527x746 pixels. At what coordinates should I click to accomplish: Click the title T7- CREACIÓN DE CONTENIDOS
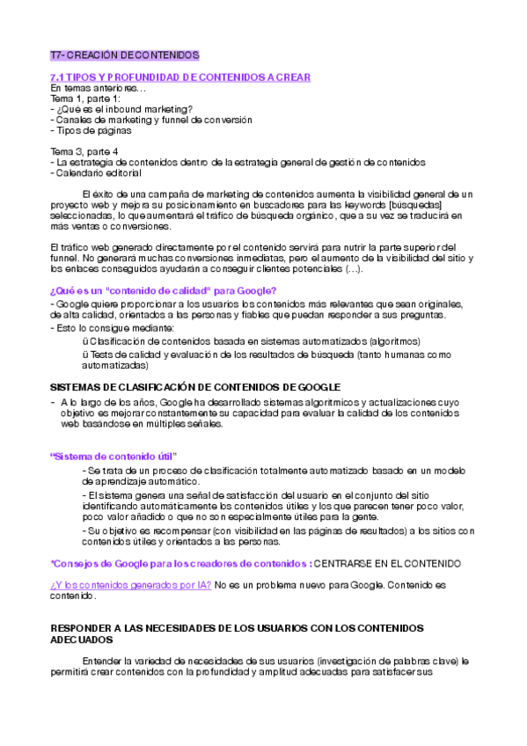(x=125, y=55)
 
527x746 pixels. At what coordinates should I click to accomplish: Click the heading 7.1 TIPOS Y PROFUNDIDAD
(x=180, y=77)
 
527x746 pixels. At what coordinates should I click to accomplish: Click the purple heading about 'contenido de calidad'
(x=165, y=291)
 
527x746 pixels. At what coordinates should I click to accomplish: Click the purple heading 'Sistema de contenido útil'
(x=114, y=457)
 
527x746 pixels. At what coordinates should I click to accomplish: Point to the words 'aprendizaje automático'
(x=141, y=482)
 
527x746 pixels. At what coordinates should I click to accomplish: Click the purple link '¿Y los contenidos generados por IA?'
(x=130, y=585)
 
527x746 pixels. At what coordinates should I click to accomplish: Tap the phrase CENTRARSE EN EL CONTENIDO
(x=388, y=563)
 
